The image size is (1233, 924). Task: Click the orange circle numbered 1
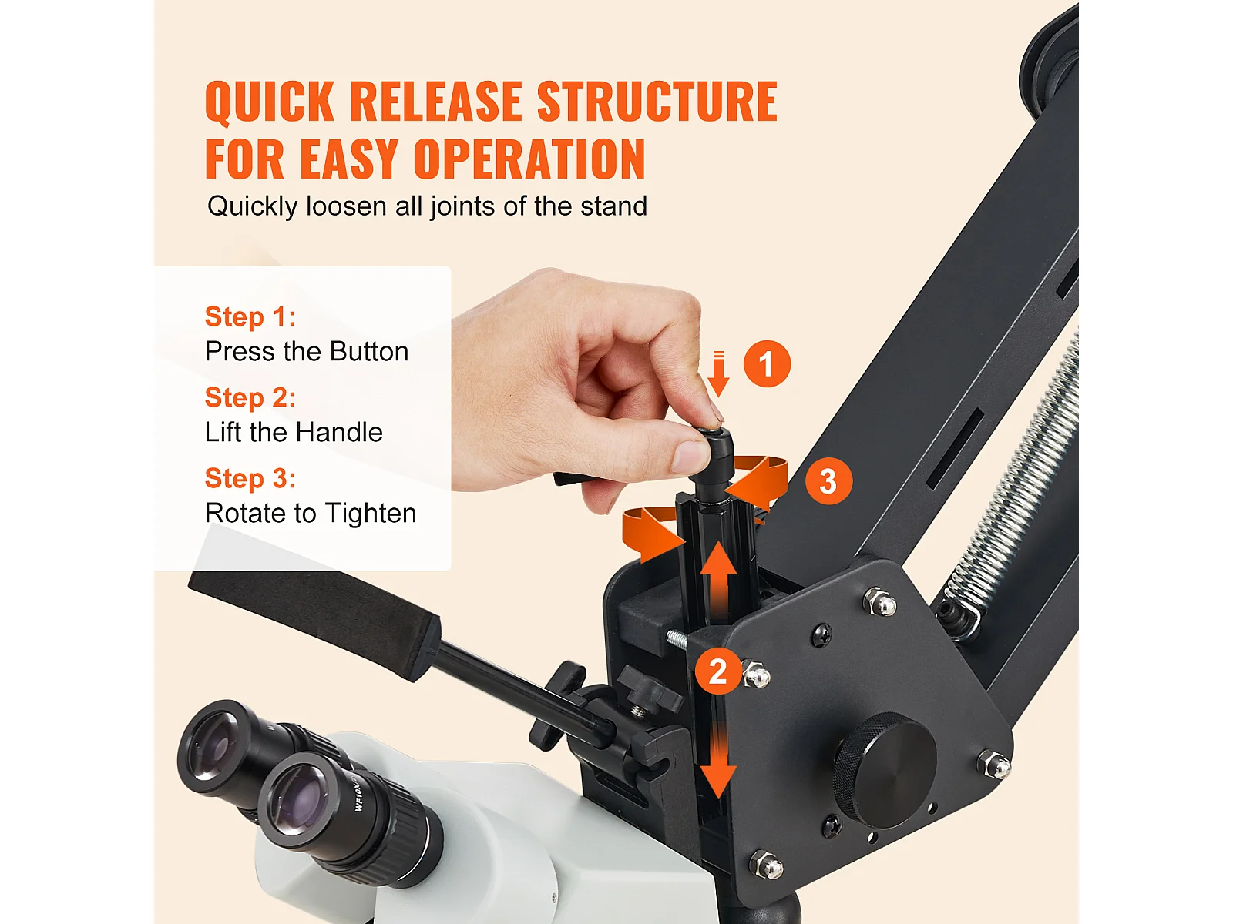(767, 363)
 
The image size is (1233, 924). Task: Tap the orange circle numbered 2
(718, 671)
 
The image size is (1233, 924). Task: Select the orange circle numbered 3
(828, 480)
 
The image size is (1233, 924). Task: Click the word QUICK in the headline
(270, 102)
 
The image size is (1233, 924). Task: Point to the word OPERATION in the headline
(529, 159)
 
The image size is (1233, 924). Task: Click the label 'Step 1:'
(250, 316)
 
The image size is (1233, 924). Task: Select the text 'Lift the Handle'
(294, 433)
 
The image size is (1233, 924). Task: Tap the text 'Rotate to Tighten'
(311, 514)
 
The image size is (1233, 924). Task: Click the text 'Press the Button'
(307, 352)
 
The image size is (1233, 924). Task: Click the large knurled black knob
(884, 770)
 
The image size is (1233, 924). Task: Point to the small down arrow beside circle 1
(718, 373)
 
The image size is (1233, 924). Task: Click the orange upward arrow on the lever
(719, 581)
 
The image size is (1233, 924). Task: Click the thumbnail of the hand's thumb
(689, 455)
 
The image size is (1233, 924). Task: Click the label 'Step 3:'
(250, 478)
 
